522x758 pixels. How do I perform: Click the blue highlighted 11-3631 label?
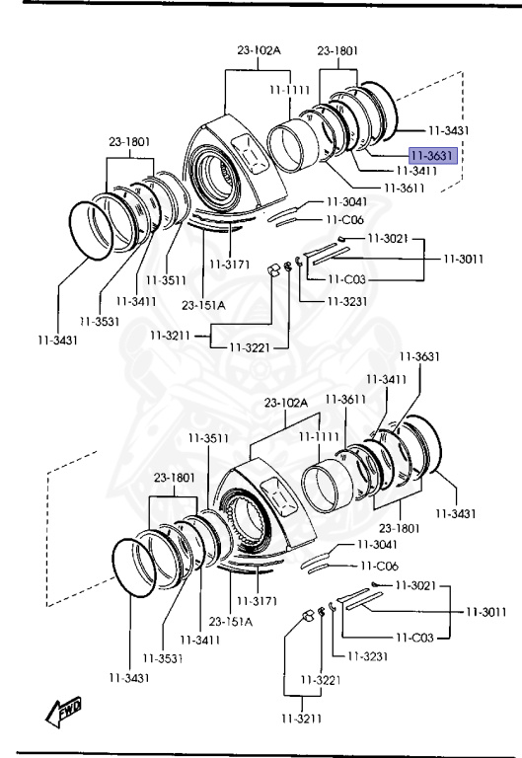pos(432,156)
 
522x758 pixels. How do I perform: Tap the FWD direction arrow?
pos(63,712)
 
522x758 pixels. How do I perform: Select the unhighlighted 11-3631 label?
pos(419,356)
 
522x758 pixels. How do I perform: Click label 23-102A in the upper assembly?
pos(259,49)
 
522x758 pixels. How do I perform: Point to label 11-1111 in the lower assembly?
pos(319,437)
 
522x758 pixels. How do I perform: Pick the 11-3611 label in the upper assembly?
pos(404,188)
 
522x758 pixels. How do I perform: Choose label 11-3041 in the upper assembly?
pos(347,201)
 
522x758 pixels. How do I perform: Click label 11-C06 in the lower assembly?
pos(380,566)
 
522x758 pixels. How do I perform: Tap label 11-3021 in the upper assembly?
pos(388,238)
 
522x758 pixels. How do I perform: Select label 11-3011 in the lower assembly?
pos(486,612)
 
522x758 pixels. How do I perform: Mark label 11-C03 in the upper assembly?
pos(346,279)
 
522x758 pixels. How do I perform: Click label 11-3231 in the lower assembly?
pos(367,656)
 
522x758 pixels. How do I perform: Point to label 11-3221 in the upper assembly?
pos(250,347)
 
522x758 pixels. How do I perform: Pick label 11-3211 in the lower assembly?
pos(302,719)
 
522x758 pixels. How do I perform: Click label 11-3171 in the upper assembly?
pos(230,265)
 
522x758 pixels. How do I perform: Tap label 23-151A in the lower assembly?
pos(231,621)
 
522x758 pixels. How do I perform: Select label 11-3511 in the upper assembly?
pos(166,280)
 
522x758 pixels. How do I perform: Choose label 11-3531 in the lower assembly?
pos(163,658)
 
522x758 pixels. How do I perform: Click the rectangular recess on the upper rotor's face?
pos(251,153)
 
